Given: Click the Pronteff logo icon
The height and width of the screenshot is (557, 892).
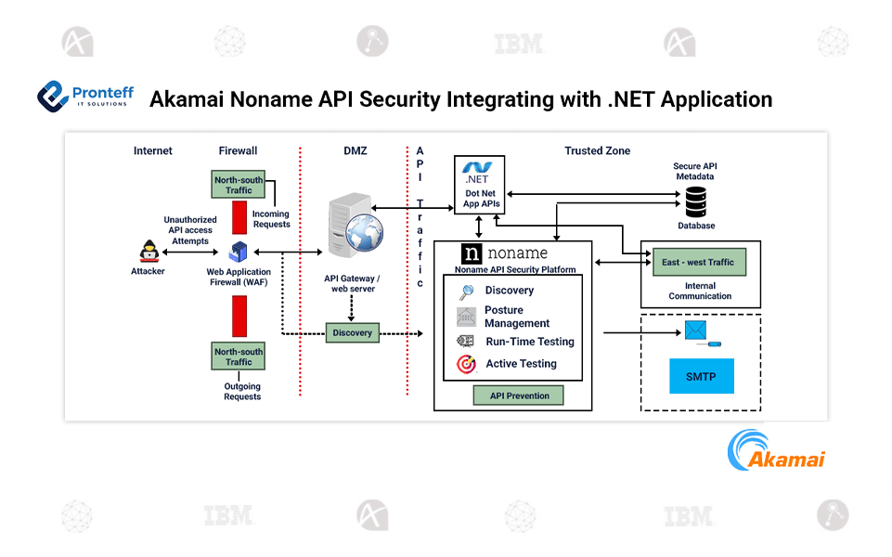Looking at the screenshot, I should pos(53,96).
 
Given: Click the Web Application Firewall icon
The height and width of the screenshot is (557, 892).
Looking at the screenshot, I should pos(238,251).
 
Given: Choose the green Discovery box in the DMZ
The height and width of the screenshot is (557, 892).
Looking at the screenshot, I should pos(353,332).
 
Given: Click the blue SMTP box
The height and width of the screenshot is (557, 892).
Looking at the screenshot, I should pos(702,377).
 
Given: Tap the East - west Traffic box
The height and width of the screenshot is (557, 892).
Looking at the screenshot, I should pos(698,263).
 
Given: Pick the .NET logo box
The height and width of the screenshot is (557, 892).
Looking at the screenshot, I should pos(479,185).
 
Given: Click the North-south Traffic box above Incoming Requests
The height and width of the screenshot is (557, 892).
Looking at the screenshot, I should pos(239,185).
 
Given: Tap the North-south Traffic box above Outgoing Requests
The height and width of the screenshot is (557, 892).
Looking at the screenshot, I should pos(239,356).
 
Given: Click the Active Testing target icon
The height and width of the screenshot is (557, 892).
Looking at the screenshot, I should pos(467,365).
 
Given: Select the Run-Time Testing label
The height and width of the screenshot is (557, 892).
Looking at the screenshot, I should pos(530,342).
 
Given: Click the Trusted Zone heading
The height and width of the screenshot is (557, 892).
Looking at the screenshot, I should pos(597,150).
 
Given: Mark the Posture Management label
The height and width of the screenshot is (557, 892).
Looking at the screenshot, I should pos(517,317).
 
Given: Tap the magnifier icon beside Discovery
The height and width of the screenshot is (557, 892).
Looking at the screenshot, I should pos(467,291).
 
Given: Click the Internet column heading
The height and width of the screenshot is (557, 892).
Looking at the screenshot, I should pos(153,150).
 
